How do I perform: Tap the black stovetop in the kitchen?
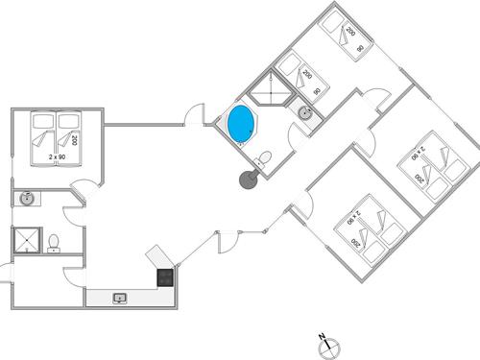165,278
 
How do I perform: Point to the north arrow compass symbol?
324,339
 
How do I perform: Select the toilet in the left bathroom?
56,241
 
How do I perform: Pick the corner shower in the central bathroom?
271,91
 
